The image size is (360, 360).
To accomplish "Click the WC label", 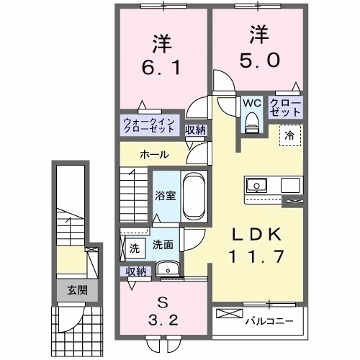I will point(251,102).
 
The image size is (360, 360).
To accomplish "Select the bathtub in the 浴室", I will point(194,195).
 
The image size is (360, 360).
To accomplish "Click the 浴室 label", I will point(166,195).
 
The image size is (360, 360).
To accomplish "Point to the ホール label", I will point(155,155).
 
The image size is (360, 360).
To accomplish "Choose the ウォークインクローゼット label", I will point(148,127).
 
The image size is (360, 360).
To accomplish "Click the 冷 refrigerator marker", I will point(289,134).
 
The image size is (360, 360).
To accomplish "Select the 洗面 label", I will point(163,245).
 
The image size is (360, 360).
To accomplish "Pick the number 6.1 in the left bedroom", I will point(162,70).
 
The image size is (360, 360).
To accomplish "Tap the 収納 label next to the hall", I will point(195,130).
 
